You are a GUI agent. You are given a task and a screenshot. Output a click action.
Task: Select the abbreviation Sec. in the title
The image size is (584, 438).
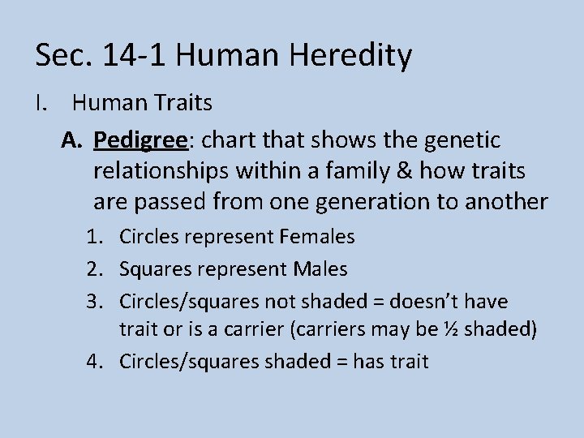click(x=62, y=56)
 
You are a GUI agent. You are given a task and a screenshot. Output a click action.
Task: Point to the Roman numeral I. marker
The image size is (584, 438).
click(x=41, y=103)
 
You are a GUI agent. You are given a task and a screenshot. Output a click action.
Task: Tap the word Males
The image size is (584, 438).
click(x=318, y=268)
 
